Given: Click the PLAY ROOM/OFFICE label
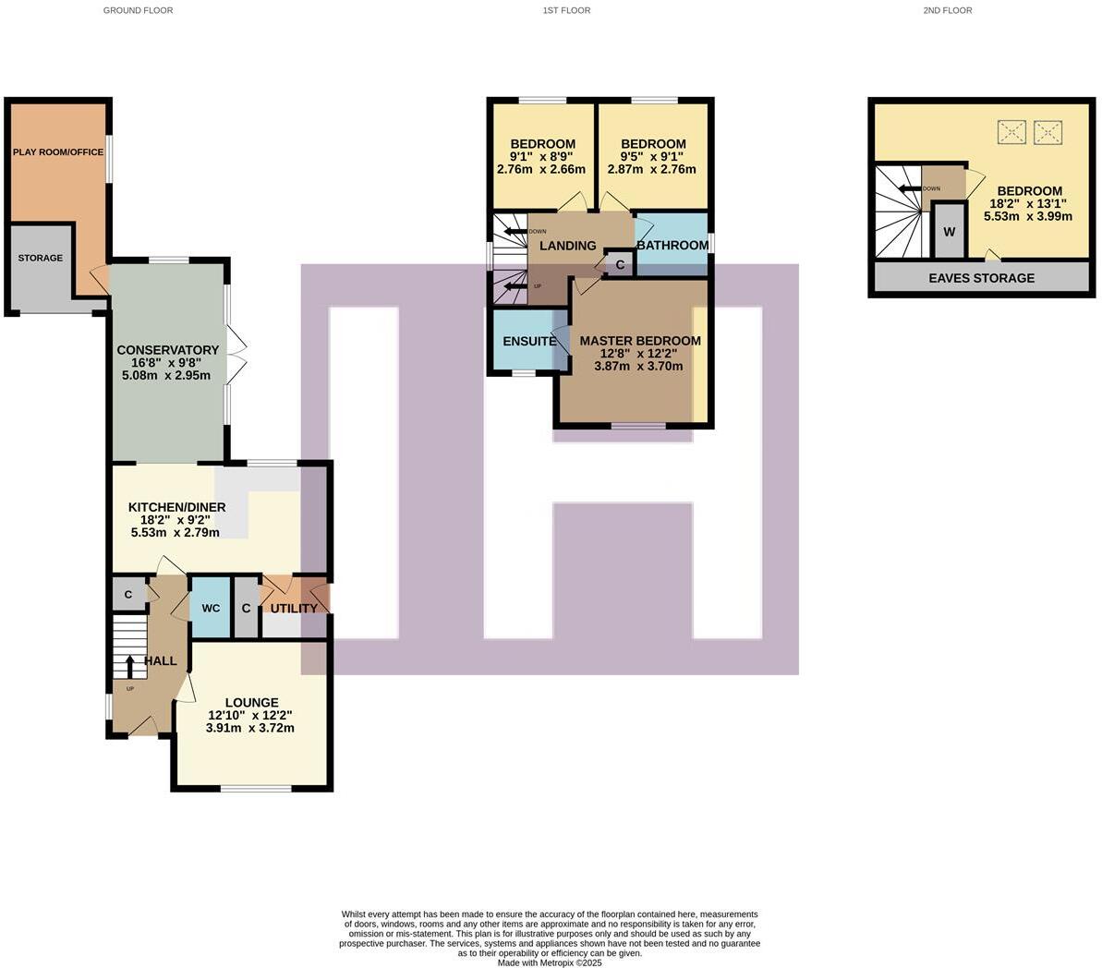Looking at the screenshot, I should [x=57, y=151].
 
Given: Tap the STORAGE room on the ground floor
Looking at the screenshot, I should [x=41, y=259].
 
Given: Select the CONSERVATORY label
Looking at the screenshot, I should [x=167, y=350].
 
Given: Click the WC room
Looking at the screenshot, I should [x=211, y=608].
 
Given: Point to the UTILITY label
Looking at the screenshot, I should [x=294, y=608].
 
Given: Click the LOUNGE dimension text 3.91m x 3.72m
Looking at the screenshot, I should [x=249, y=728].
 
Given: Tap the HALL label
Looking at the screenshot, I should [x=160, y=660].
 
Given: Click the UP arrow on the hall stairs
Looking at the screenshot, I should [x=129, y=665].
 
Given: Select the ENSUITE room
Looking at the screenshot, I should [x=528, y=341].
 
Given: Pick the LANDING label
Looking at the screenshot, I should [x=567, y=246].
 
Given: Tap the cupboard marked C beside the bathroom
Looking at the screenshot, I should [x=620, y=265].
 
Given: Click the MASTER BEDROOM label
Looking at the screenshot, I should [x=639, y=341].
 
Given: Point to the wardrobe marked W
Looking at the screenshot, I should [x=949, y=232].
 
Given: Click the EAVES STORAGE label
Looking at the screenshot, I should [x=981, y=278].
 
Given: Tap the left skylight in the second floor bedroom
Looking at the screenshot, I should [x=1011, y=133].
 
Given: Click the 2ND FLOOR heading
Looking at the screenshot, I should [x=947, y=10].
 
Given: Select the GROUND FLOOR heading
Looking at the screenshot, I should [x=138, y=10].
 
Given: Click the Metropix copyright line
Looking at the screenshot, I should [x=550, y=962].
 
